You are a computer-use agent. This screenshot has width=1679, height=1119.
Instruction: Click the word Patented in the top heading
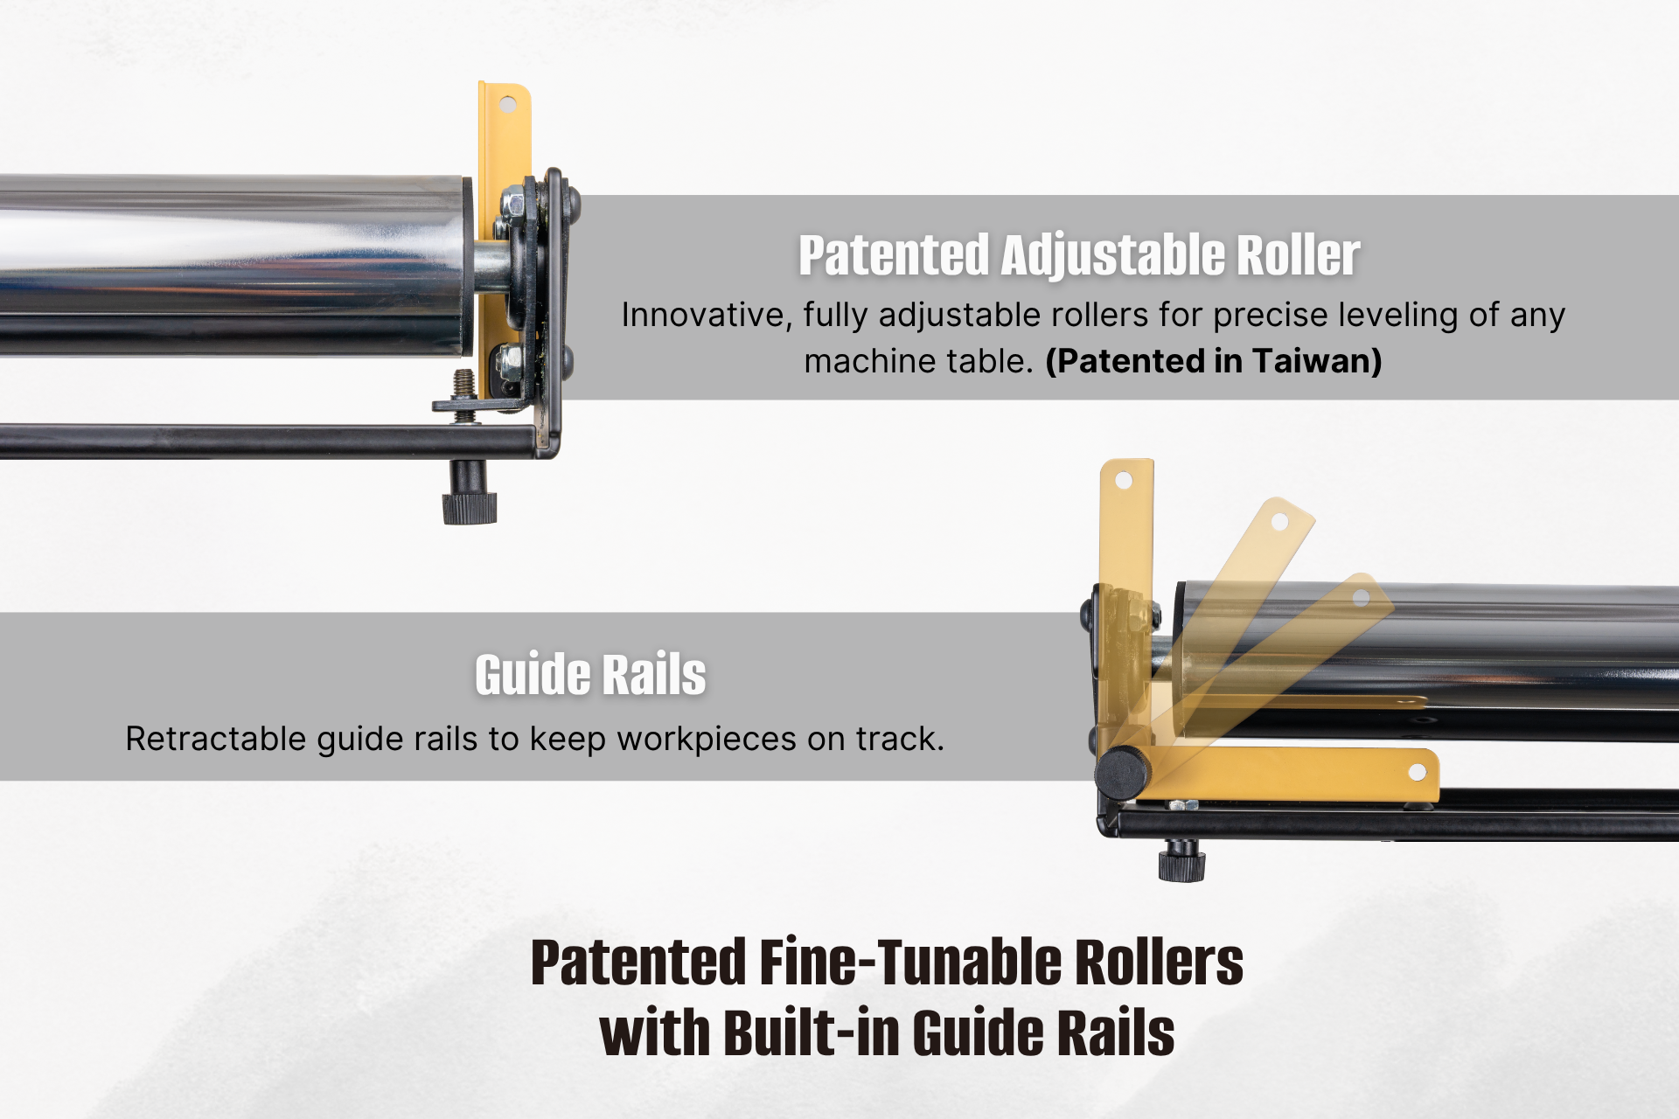click(893, 255)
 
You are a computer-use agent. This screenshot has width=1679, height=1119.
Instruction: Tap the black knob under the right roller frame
click(1181, 865)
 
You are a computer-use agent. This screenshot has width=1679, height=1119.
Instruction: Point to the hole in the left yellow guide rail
click(508, 105)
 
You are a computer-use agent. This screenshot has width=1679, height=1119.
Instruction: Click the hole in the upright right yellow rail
click(1124, 480)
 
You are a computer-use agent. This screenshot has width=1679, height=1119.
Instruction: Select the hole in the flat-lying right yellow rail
click(1418, 772)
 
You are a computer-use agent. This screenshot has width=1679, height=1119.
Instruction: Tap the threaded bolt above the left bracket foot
click(465, 385)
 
